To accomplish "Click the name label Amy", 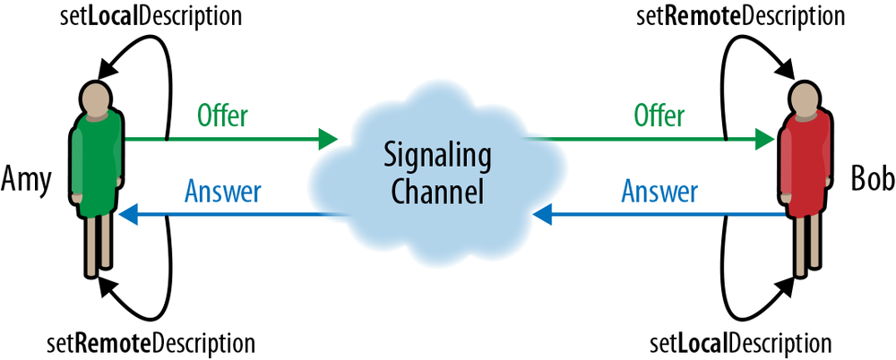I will pos(27,178).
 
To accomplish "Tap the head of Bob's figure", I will pos(800,96).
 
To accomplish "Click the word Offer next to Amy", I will pos(222,116).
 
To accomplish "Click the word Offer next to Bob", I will pos(659,116).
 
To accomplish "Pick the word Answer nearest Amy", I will pos(222,192).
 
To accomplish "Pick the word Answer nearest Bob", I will pos(659,192).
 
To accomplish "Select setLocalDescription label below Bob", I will pos(741,343).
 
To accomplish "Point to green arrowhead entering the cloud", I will pos(327,139).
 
